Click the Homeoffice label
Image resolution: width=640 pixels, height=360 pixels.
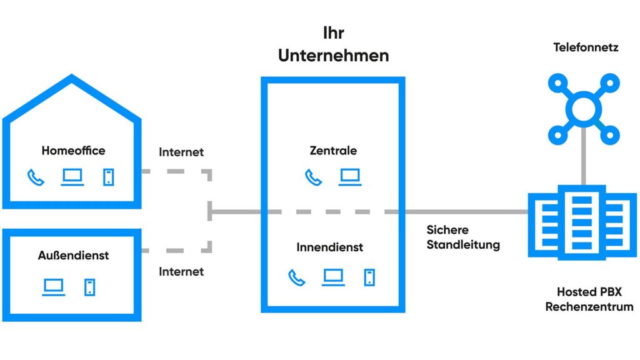73,151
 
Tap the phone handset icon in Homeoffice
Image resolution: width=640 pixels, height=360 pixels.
36,177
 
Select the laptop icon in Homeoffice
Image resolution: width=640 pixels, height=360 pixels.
72,177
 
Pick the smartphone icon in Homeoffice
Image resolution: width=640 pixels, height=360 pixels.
109,177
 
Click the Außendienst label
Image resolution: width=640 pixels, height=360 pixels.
73,256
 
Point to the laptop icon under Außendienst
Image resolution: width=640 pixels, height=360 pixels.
54,287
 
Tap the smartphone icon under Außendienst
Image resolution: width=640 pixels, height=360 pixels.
90,287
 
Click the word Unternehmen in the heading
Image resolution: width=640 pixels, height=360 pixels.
333,55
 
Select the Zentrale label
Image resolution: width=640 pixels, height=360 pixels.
333,151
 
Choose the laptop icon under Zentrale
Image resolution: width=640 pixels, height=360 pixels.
350,177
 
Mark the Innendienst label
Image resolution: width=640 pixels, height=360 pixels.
329,247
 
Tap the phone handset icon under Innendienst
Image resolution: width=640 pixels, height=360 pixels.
296,277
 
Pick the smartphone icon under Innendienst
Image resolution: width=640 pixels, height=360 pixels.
369,277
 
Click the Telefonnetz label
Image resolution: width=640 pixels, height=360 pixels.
586,47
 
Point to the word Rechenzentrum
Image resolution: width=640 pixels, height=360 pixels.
589,307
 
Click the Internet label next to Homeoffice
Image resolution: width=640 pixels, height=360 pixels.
181,152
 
